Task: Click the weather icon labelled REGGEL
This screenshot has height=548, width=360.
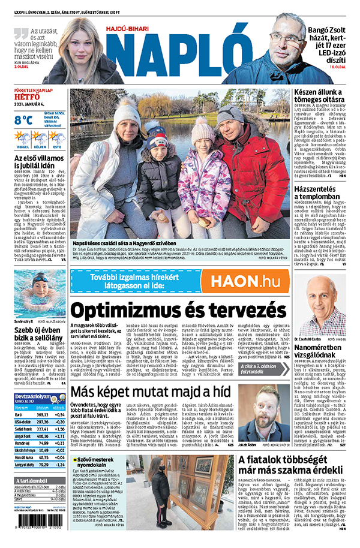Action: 22,138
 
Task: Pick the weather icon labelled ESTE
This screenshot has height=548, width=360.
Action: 57,138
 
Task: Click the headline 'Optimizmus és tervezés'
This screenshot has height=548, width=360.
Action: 178,311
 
